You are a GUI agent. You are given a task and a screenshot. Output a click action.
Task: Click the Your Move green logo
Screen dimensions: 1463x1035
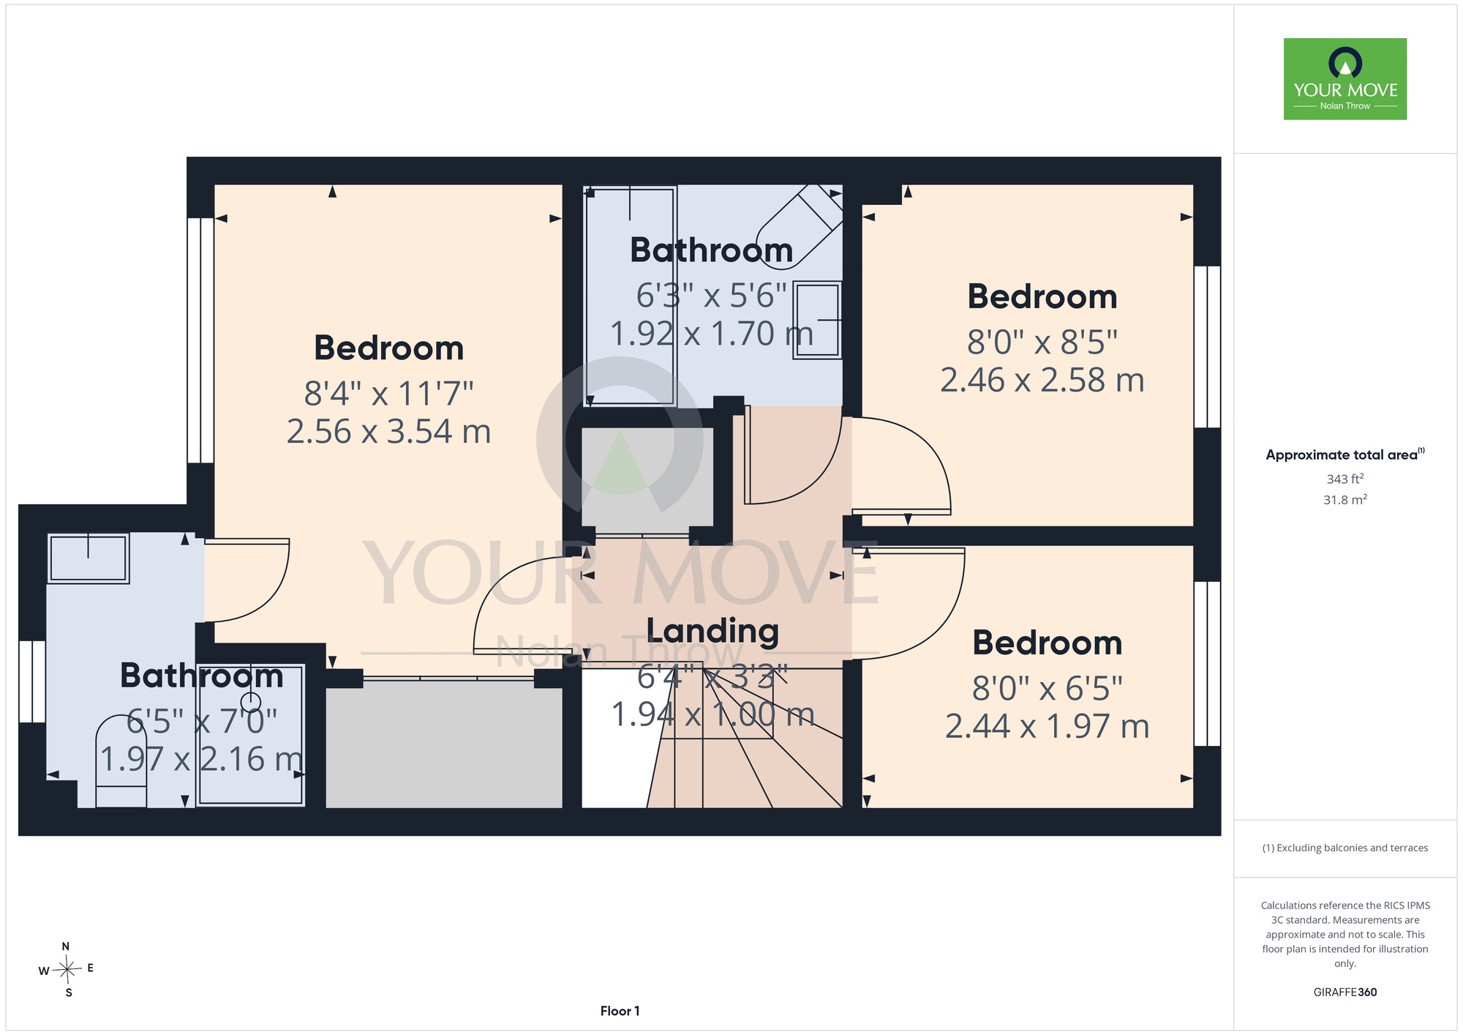(1344, 79)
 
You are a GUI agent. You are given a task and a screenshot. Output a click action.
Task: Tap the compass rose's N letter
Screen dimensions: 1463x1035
(66, 946)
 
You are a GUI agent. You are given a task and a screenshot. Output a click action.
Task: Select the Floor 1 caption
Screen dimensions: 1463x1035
(620, 1011)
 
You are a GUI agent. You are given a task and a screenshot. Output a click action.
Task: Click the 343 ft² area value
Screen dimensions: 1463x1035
(1344, 479)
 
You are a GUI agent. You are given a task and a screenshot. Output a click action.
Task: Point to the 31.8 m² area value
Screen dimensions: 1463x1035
(1344, 499)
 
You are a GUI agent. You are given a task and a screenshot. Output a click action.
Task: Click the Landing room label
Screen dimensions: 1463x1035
(712, 631)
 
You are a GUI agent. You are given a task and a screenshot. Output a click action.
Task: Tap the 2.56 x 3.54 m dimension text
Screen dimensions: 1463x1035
(388, 431)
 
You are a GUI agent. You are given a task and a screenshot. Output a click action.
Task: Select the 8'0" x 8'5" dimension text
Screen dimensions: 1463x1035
(1042, 342)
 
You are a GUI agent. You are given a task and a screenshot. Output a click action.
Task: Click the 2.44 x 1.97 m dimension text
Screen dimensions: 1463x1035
(1047, 726)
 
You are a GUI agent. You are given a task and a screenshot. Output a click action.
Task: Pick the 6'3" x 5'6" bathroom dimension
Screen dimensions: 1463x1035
(711, 296)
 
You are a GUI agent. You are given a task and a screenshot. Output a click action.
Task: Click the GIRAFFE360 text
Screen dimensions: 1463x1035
(1344, 993)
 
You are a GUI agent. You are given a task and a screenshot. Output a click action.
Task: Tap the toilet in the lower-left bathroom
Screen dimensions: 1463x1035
(121, 762)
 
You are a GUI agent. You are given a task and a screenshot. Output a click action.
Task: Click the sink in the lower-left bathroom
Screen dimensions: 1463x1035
(89, 558)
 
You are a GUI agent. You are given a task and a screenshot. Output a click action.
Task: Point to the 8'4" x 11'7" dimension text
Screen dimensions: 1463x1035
(388, 393)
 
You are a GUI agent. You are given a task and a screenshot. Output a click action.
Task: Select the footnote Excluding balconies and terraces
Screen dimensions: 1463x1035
(1344, 848)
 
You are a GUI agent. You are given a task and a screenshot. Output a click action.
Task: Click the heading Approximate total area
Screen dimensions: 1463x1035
(1344, 455)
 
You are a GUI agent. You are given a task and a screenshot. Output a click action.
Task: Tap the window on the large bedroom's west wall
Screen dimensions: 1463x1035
(200, 340)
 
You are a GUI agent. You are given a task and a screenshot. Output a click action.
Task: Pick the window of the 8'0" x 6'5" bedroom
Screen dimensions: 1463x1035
(1207, 664)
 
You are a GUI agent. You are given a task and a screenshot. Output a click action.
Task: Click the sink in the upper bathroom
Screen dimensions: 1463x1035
(817, 320)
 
